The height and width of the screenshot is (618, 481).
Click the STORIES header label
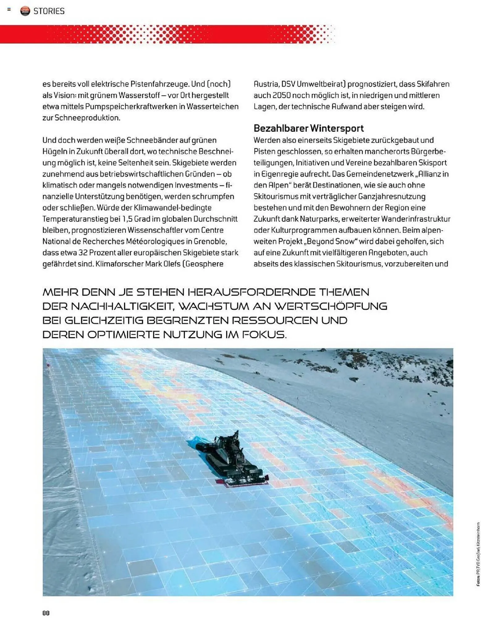click(x=49, y=11)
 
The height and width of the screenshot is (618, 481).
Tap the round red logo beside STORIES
click(x=25, y=11)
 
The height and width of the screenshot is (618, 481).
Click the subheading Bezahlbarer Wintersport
click(x=308, y=128)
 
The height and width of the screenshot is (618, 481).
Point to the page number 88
click(x=46, y=612)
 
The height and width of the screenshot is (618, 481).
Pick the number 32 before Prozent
click(x=83, y=252)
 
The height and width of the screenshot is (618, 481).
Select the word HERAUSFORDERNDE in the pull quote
click(x=252, y=292)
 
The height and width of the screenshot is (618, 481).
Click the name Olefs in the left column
click(x=170, y=264)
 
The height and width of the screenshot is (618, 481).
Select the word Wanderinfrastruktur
click(x=416, y=219)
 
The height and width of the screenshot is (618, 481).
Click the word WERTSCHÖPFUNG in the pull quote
click(x=331, y=306)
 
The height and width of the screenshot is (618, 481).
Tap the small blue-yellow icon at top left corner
click(x=9, y=10)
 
